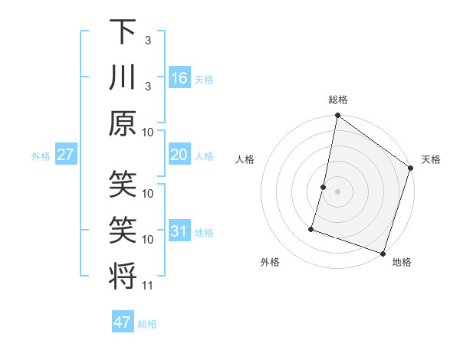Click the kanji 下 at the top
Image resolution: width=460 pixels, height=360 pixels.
[123, 33]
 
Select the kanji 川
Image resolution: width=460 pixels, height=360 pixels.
[123, 78]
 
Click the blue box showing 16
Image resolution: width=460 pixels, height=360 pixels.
[179, 79]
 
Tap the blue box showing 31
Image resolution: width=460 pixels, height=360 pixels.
[179, 231]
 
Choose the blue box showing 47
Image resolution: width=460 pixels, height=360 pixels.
[123, 322]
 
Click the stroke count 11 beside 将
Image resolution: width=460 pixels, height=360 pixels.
[149, 286]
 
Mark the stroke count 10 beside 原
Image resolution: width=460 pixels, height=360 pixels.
[149, 132]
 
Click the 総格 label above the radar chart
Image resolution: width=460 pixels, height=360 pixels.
[337, 100]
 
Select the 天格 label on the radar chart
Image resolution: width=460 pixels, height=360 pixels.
[431, 159]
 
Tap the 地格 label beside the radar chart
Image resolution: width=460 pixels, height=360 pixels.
[402, 262]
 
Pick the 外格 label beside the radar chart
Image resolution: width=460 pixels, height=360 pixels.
[270, 262]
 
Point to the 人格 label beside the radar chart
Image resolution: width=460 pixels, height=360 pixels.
[245, 159]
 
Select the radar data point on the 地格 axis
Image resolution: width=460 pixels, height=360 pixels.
[383, 253]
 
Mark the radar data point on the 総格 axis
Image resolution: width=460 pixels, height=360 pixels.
[337, 116]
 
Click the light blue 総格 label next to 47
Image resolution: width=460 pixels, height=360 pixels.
[147, 324]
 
